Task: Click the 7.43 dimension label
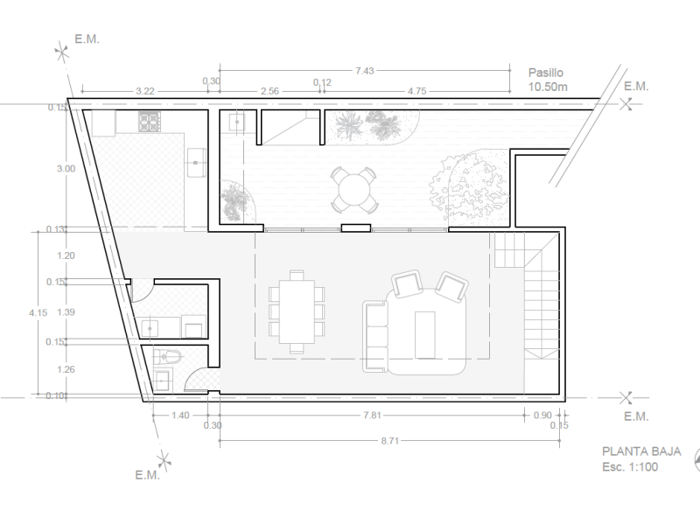pos(364,71)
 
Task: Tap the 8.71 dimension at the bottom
pos(389,441)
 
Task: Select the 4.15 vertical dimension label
pos(38,313)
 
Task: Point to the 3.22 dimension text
pos(145,91)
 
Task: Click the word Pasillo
pos(545,73)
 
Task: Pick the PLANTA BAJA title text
pos(641,451)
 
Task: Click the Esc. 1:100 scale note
pos(630,467)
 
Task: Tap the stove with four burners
pos(149,121)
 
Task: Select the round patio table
pos(354,190)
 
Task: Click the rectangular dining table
pos(297,311)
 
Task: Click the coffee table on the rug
pos(424,335)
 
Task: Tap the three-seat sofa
pos(375,337)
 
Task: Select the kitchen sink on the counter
pos(196,162)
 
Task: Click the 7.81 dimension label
pos(372,415)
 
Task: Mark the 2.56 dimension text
pos(269,91)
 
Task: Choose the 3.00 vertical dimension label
pos(66,169)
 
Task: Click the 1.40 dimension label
pos(180,415)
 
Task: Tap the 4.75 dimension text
pos(417,91)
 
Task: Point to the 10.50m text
pos(548,87)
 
